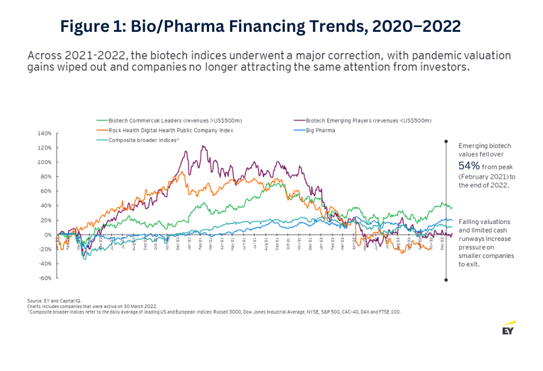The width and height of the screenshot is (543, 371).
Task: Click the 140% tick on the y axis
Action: (x=44, y=133)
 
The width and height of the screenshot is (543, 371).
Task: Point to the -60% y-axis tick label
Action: (x=44, y=278)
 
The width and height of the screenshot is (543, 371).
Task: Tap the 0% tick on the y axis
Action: (x=47, y=235)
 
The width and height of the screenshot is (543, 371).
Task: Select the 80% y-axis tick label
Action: (x=45, y=177)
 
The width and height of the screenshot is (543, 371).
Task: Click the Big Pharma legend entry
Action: (x=320, y=130)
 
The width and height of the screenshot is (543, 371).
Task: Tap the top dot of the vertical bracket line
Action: (x=446, y=141)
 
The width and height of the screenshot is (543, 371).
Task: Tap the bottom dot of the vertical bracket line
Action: (x=446, y=279)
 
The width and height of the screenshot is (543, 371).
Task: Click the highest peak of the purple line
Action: (x=203, y=146)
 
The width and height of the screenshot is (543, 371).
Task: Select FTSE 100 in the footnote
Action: (x=390, y=312)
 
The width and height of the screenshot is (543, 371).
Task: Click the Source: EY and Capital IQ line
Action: (x=54, y=301)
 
